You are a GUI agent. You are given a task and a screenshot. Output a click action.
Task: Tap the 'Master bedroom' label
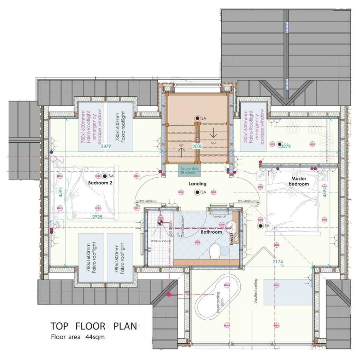(x=298, y=181)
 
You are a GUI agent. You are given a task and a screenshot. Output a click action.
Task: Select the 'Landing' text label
(x=198, y=184)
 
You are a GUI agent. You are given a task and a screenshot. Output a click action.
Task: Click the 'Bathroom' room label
(x=211, y=232)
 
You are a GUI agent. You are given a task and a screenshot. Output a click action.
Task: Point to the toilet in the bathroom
(x=215, y=251)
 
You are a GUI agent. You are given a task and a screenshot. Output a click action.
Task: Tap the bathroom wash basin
(x=232, y=225)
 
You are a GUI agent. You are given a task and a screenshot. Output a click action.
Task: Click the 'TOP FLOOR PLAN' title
(x=93, y=326)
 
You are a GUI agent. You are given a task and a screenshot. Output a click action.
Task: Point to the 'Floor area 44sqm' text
(x=78, y=337)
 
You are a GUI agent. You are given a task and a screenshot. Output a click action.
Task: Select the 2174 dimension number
(x=278, y=262)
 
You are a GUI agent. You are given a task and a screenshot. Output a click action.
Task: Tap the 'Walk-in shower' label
(x=161, y=241)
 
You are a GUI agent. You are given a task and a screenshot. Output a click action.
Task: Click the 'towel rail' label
(x=218, y=216)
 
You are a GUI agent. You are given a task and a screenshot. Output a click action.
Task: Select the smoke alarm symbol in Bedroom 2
(x=105, y=176)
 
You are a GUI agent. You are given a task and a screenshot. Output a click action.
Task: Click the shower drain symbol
(x=160, y=223)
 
